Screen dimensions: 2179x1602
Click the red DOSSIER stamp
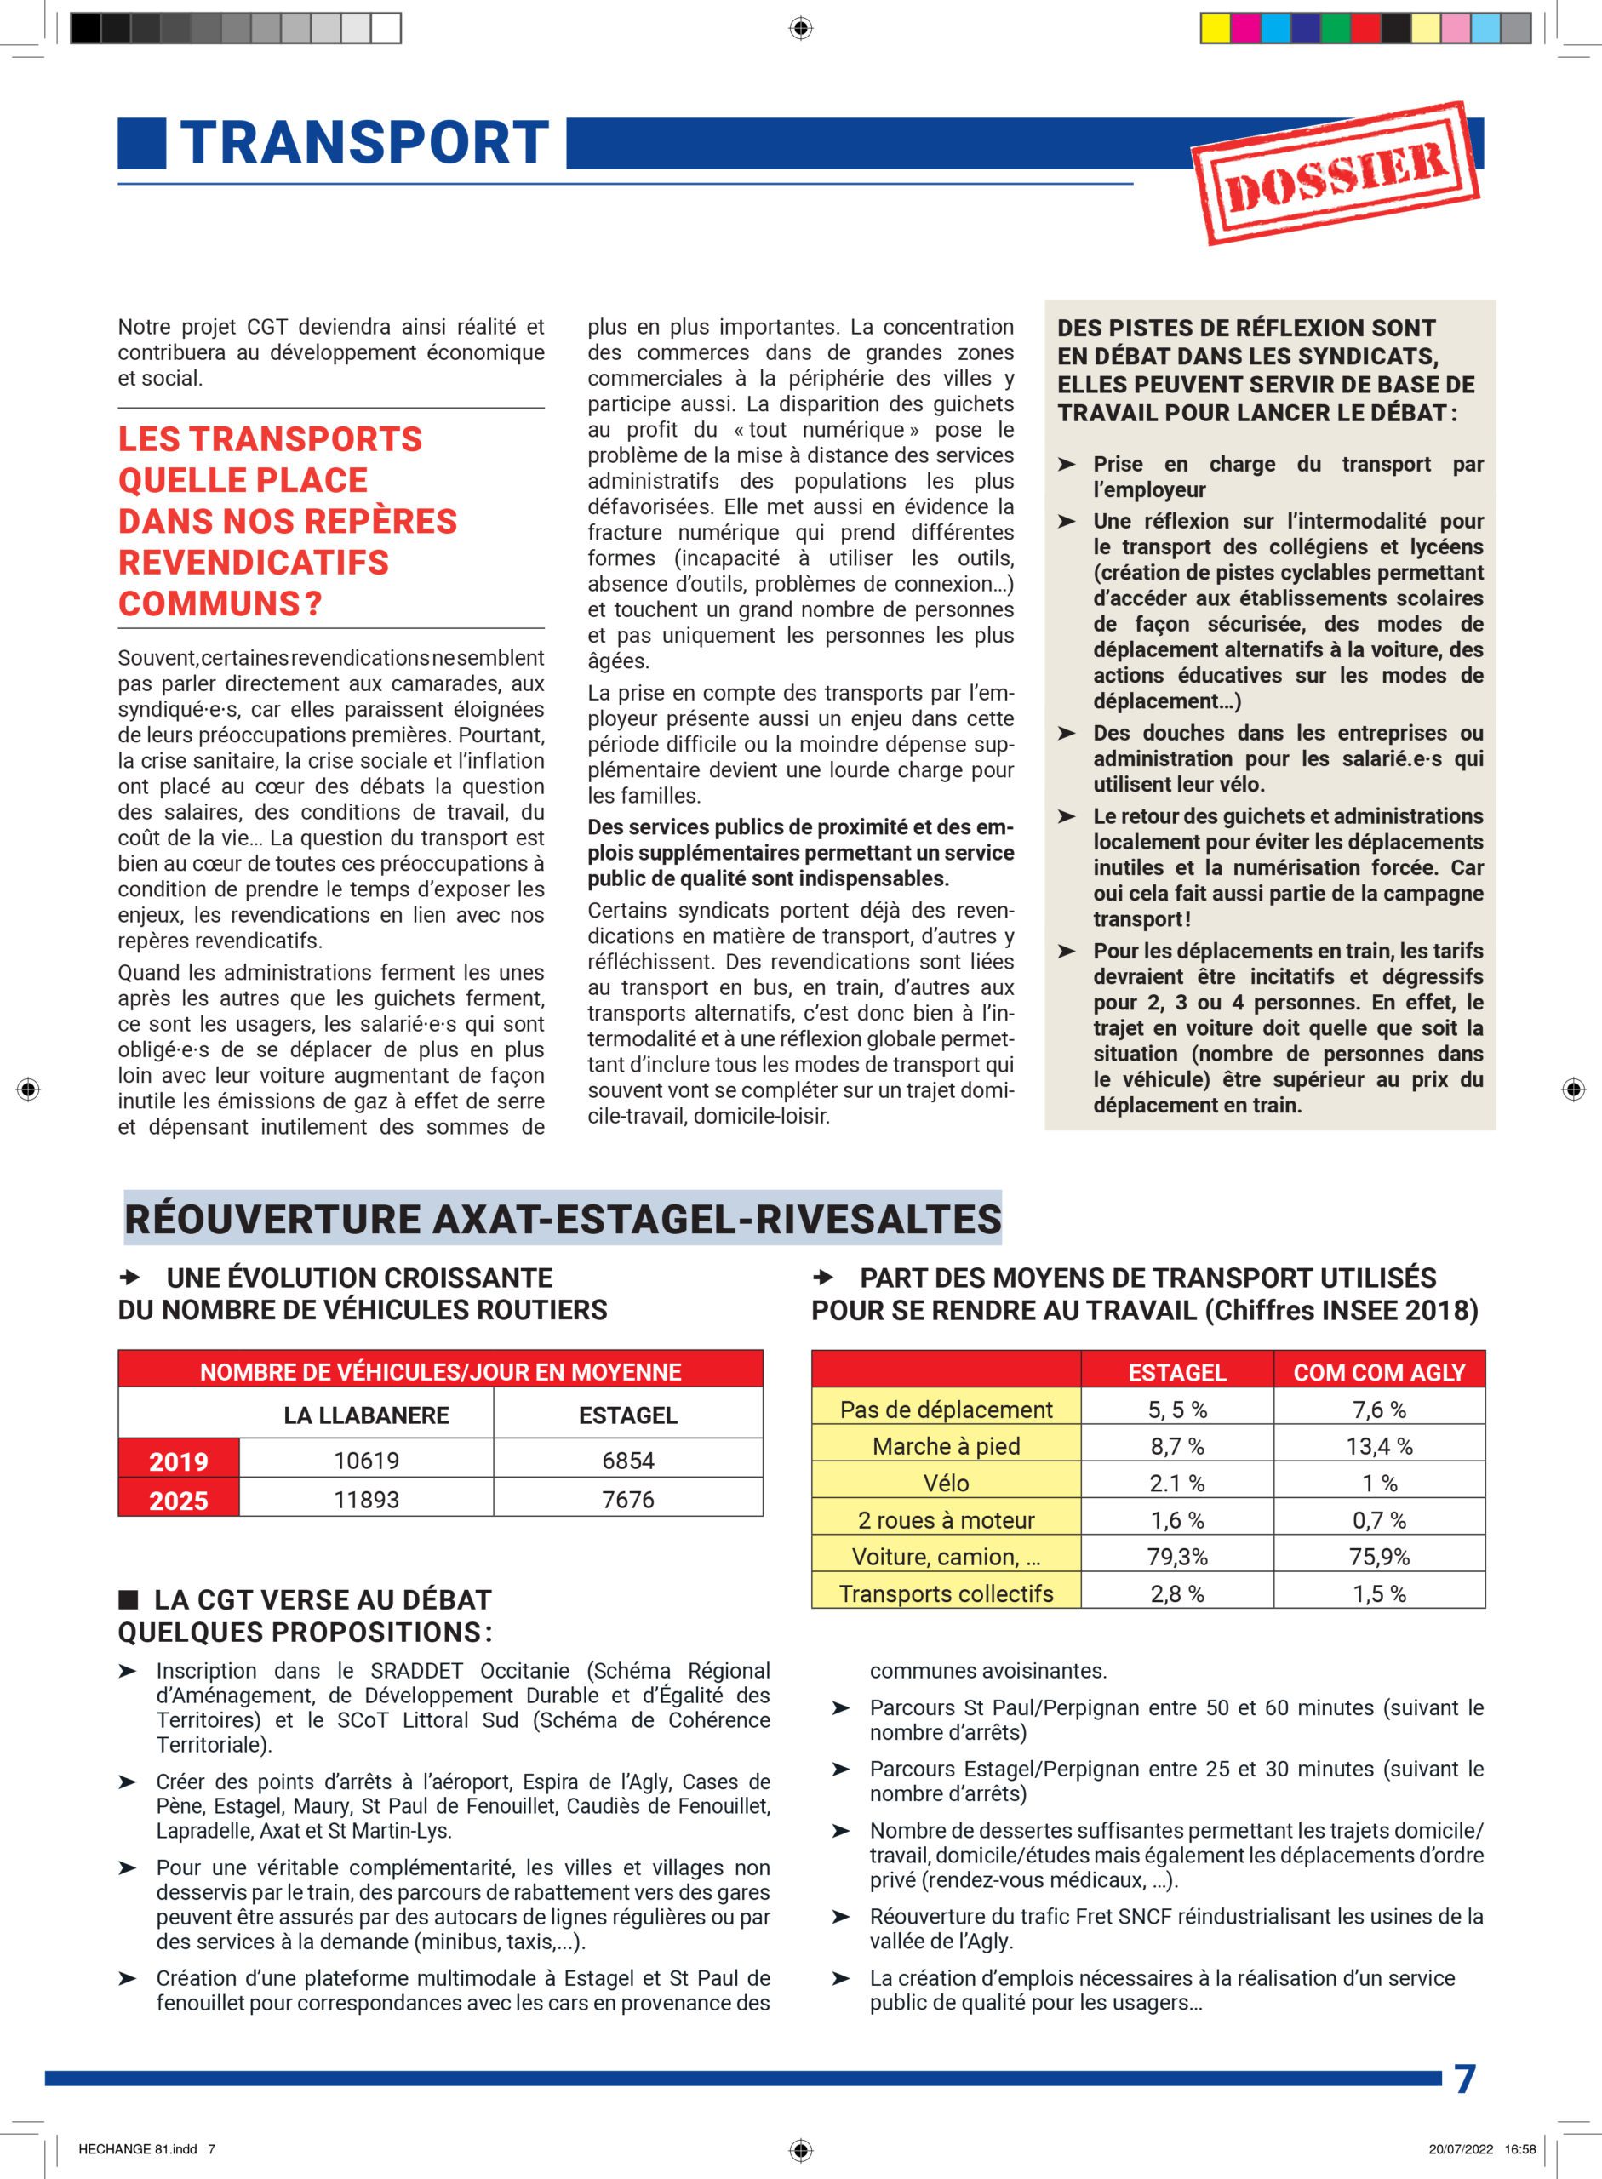(1336, 173)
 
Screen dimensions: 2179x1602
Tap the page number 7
(1464, 2079)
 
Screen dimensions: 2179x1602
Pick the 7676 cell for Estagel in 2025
(627, 1499)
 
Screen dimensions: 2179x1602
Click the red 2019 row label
(179, 1461)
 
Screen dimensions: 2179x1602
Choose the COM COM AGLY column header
(1378, 1372)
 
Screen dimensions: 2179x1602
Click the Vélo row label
(946, 1483)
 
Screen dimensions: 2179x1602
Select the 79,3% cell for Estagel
(1176, 1557)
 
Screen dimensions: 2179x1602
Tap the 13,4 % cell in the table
(1378, 1446)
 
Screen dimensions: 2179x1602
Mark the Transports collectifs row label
(946, 1593)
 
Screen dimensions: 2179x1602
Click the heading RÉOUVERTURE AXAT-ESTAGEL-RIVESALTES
(563, 1219)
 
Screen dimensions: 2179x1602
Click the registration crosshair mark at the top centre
(800, 29)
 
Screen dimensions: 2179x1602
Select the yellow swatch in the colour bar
(1214, 29)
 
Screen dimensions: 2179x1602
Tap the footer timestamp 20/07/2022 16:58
(1482, 2149)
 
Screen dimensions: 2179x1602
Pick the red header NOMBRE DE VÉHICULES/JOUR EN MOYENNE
(440, 1372)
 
